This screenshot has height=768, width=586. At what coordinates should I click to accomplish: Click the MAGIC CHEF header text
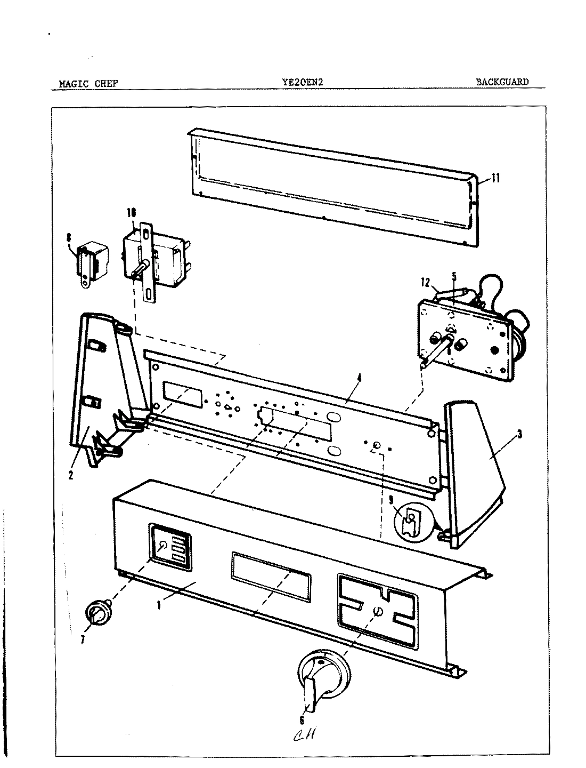pyautogui.click(x=88, y=83)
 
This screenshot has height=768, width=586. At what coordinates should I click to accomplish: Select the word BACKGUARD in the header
pyautogui.click(x=502, y=82)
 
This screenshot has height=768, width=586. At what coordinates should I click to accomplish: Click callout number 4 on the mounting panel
pyautogui.click(x=359, y=378)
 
